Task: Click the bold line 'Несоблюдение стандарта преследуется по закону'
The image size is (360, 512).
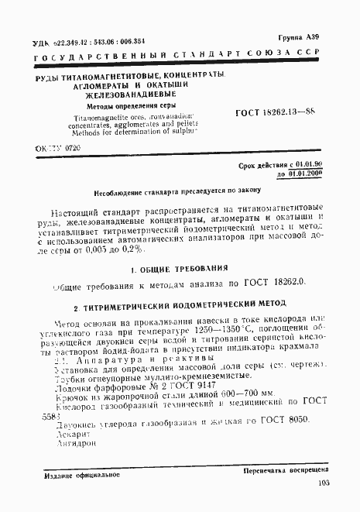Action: (180, 188)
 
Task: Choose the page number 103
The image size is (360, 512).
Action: (323, 483)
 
